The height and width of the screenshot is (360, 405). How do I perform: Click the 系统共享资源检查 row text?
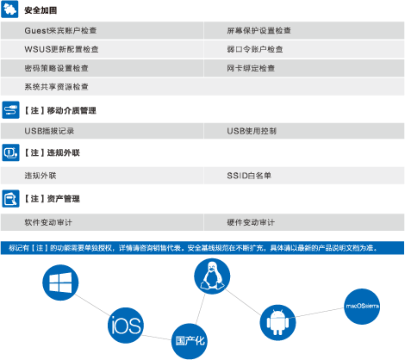point(56,86)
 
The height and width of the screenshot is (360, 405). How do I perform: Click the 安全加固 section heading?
point(40,10)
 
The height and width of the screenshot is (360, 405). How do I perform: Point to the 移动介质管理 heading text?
point(72,110)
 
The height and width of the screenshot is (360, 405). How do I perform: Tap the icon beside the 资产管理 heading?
point(10,199)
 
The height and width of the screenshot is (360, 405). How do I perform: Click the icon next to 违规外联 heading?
point(10,152)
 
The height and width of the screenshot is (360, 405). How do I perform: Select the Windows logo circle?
point(60,282)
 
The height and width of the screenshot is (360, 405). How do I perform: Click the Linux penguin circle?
point(212,276)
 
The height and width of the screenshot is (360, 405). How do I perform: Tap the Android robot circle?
point(277,322)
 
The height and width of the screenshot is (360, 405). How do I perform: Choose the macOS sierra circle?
point(362,307)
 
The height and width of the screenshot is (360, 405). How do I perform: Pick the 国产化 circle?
point(190,341)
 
